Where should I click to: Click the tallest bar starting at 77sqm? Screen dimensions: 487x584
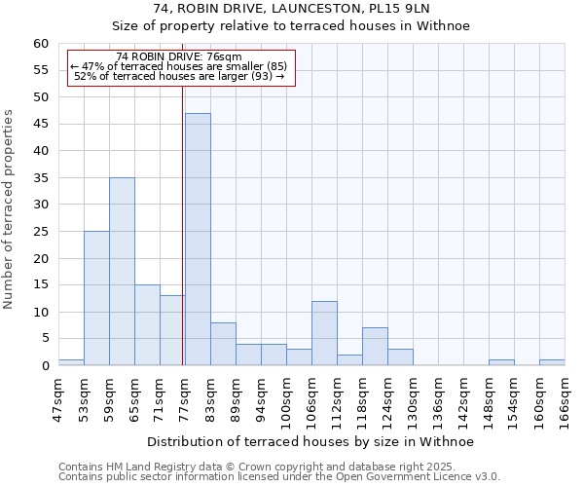[198, 240]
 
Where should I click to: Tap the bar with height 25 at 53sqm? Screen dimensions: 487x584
[96, 298]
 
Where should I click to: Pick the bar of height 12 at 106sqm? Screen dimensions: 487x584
[324, 333]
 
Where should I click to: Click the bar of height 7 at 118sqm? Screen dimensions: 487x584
[375, 347]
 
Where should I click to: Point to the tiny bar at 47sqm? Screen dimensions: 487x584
[71, 362]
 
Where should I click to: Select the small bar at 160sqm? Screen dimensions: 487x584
[552, 362]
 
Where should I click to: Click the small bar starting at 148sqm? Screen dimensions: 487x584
[501, 362]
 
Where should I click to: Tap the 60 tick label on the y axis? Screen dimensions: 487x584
[40, 44]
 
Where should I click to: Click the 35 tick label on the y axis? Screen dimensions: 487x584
[40, 178]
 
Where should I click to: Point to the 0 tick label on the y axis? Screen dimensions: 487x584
[44, 366]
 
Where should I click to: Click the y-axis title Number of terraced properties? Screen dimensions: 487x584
[9, 209]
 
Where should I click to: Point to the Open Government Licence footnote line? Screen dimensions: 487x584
[279, 477]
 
